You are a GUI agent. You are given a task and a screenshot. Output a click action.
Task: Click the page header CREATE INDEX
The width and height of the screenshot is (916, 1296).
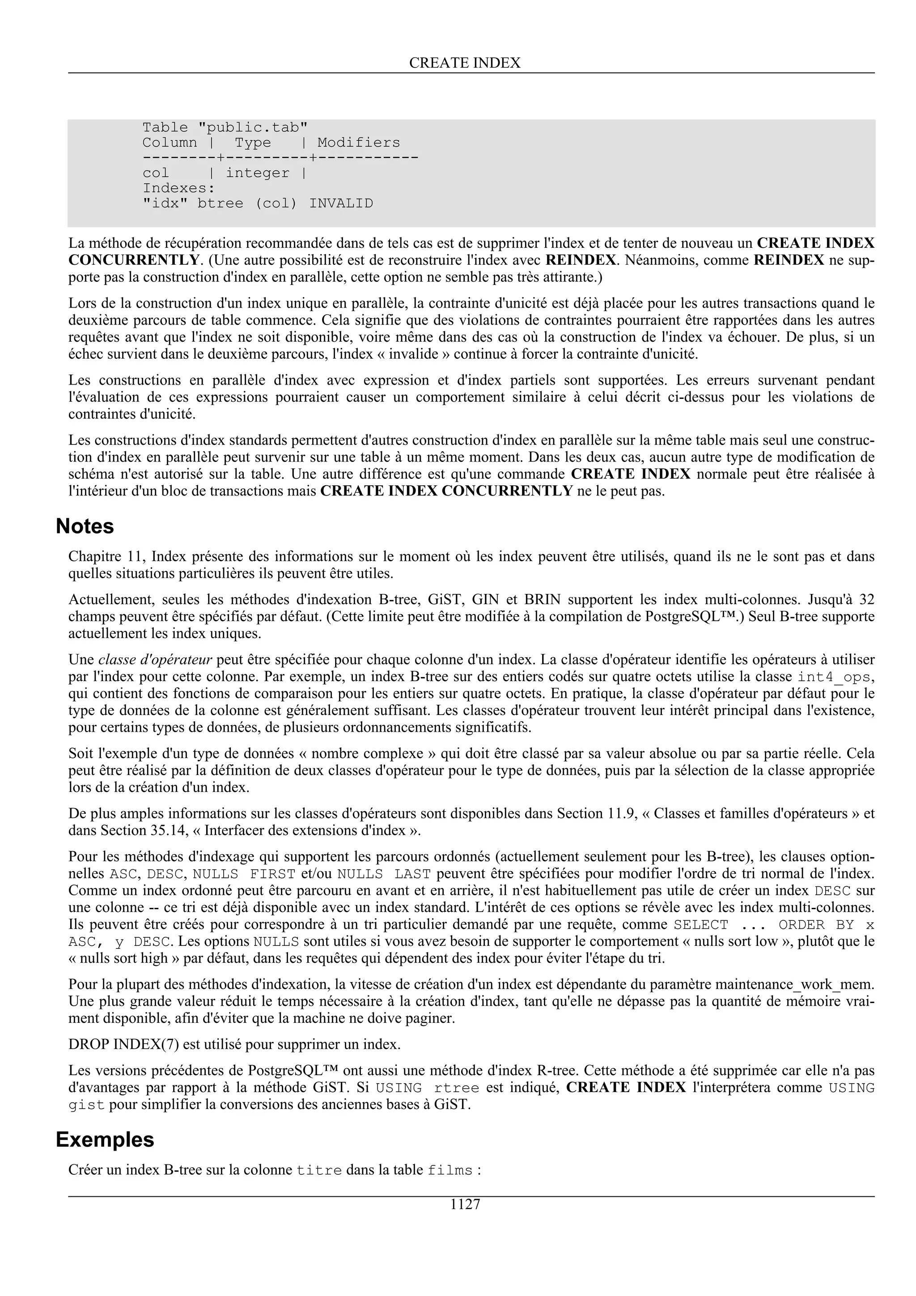click(x=465, y=63)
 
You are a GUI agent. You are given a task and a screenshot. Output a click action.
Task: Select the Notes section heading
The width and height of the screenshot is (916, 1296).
click(x=85, y=526)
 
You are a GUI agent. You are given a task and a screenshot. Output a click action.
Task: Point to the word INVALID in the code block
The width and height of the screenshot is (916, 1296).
click(x=341, y=203)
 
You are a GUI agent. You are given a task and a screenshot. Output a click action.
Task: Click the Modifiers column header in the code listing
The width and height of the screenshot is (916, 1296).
click(x=358, y=143)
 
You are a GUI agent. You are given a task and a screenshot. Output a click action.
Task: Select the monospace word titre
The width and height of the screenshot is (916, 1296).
click(x=319, y=1171)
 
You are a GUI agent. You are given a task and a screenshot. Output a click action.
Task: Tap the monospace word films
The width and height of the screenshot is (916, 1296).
click(x=450, y=1171)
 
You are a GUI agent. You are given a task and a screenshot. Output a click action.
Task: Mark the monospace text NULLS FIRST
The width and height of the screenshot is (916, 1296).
click(x=244, y=874)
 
